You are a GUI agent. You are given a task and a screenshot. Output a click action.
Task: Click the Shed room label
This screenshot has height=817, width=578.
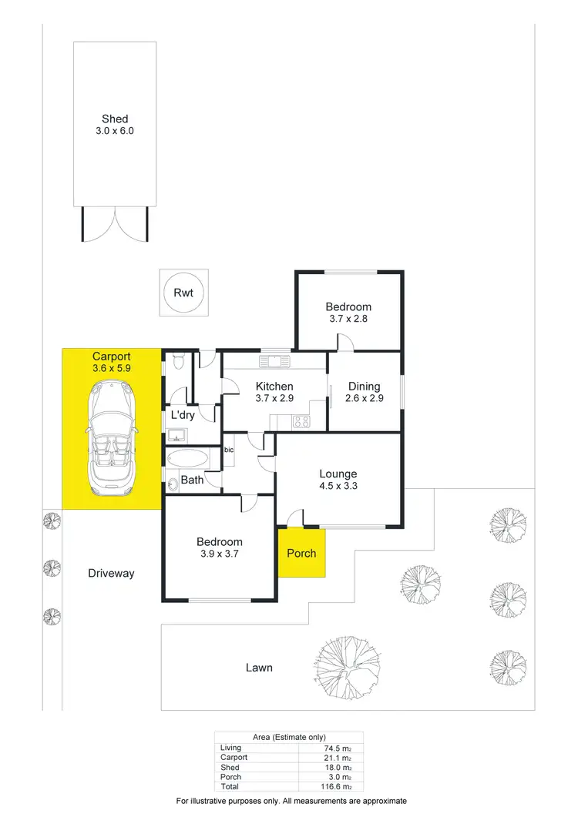click(x=115, y=119)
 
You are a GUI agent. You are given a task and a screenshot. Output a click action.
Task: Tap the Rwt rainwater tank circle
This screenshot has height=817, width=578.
click(x=183, y=292)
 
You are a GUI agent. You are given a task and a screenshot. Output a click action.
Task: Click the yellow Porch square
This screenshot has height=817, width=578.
click(x=301, y=553)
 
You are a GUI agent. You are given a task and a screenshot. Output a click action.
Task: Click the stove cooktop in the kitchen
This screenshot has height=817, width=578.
click(x=300, y=420)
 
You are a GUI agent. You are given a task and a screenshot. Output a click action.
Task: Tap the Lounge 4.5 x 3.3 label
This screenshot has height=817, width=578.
click(x=338, y=480)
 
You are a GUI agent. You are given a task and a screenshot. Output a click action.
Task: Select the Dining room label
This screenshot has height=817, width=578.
click(x=364, y=387)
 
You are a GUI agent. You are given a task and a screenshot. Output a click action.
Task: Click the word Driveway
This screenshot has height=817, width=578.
click(x=111, y=573)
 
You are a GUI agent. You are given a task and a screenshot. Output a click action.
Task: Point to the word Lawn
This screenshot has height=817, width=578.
click(x=259, y=668)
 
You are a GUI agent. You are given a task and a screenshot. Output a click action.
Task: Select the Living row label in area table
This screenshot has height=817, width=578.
click(x=230, y=748)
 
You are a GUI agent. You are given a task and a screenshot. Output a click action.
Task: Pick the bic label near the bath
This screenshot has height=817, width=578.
click(x=229, y=449)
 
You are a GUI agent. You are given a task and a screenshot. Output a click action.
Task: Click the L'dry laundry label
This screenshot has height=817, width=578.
click(x=182, y=415)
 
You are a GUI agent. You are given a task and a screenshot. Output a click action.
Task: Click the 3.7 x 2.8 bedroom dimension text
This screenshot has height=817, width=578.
click(x=348, y=318)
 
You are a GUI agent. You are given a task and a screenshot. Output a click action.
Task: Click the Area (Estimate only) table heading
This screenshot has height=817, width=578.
click(x=288, y=737)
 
